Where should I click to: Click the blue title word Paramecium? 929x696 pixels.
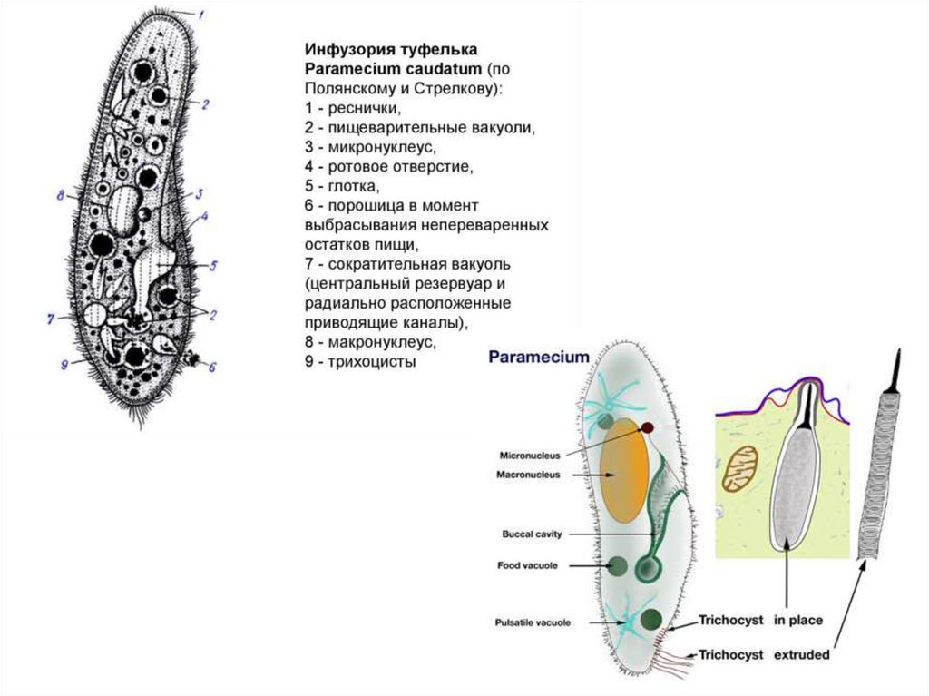(x=539, y=357)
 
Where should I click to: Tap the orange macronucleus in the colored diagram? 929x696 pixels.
(x=624, y=470)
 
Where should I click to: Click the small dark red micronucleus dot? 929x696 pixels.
(x=649, y=426)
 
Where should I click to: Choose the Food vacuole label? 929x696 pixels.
(x=527, y=565)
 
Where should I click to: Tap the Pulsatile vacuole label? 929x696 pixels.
(x=533, y=622)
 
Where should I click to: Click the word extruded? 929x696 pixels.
(x=803, y=653)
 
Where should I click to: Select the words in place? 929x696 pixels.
(x=798, y=621)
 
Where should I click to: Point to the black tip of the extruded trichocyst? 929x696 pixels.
(x=895, y=368)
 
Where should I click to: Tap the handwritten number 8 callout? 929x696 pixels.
(x=60, y=195)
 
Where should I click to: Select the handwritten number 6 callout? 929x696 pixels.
(x=212, y=368)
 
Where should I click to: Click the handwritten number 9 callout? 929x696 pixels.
(x=64, y=365)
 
